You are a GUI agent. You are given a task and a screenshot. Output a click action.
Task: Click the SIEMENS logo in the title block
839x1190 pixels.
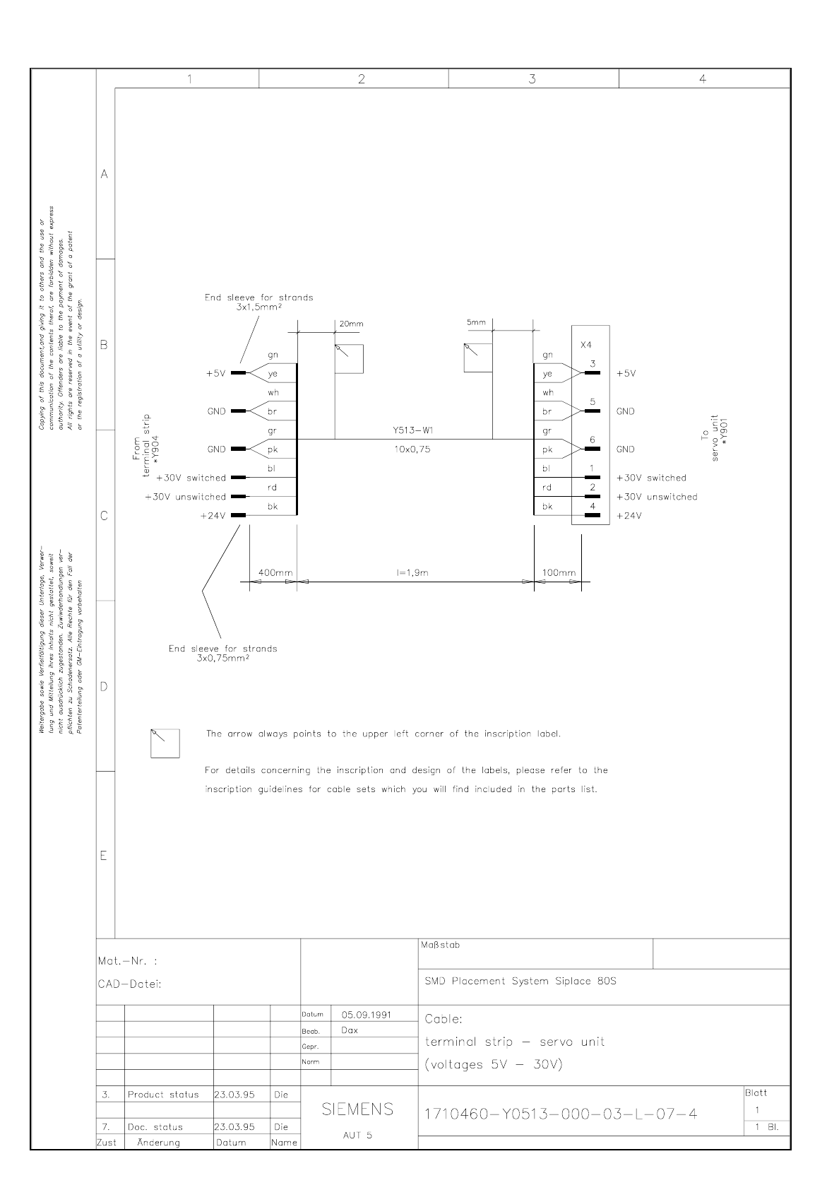coord(358,1109)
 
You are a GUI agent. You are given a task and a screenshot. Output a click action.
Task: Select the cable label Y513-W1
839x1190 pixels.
coord(412,430)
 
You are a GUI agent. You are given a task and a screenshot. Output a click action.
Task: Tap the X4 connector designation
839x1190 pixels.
coord(585,345)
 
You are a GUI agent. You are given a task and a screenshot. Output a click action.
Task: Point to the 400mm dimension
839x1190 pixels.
coord(275,572)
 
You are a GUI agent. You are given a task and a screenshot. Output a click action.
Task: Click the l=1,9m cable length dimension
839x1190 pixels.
coord(412,572)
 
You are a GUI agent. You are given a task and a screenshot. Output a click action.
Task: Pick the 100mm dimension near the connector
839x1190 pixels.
coord(559,572)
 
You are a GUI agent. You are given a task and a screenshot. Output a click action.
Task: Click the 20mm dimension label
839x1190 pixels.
coord(351,324)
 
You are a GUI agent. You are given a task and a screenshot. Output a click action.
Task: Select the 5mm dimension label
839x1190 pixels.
coord(476,322)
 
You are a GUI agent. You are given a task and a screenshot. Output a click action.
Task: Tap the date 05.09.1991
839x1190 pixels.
coord(367,1015)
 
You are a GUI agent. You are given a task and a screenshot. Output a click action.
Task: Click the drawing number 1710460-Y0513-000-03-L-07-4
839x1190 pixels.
coord(561,1114)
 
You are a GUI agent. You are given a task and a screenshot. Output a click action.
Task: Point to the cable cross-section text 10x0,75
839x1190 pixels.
coord(412,449)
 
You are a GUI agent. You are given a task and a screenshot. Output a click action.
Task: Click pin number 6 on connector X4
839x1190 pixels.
coord(593,440)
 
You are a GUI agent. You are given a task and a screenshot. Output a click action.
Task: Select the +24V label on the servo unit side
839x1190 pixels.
coord(629,516)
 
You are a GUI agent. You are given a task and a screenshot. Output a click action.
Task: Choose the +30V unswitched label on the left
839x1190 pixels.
coord(185,497)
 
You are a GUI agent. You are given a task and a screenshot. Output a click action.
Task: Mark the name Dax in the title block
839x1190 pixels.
coord(350,1030)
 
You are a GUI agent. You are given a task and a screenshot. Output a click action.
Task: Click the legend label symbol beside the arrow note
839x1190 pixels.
coord(165,743)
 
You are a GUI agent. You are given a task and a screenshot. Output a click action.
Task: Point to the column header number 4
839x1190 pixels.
coord(703,79)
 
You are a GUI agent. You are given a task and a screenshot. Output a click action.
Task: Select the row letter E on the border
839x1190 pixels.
coord(104,856)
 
